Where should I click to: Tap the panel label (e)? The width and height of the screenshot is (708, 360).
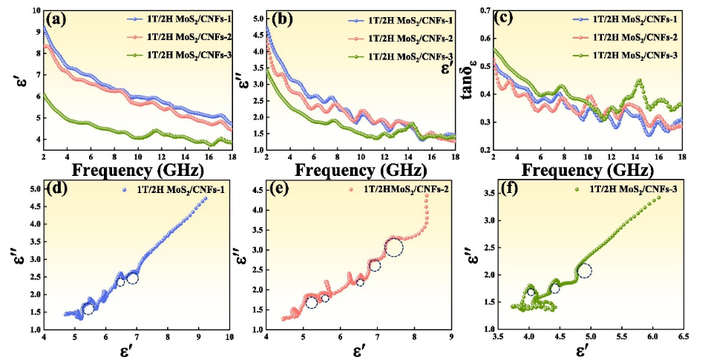pos(282,189)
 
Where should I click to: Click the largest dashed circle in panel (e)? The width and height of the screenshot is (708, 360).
pos(393,248)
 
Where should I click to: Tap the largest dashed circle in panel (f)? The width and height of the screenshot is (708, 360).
pos(584,271)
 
